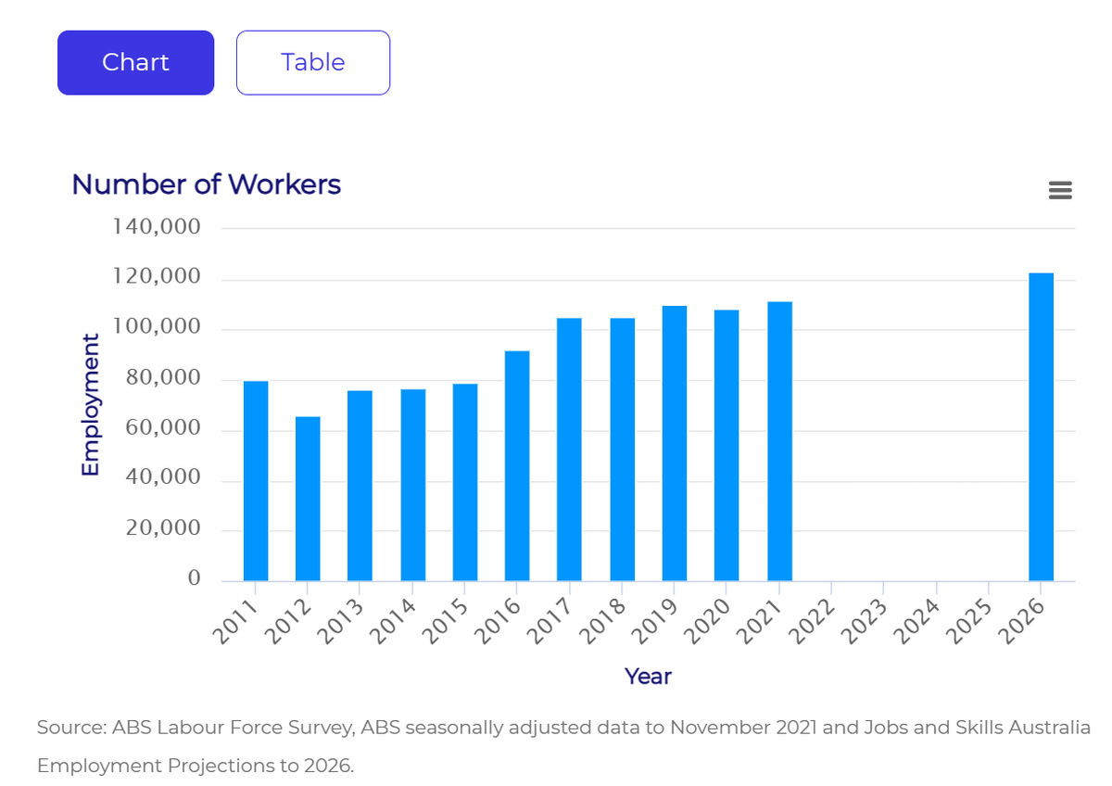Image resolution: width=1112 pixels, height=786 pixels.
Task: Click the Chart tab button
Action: click(x=135, y=62)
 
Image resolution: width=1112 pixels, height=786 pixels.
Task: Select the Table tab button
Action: click(x=313, y=62)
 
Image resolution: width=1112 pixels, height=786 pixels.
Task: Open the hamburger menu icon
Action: click(x=1060, y=191)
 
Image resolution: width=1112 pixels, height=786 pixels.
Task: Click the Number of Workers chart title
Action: click(x=206, y=184)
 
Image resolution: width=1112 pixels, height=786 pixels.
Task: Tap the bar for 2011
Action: click(x=256, y=481)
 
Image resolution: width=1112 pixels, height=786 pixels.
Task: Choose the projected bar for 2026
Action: click(x=1041, y=426)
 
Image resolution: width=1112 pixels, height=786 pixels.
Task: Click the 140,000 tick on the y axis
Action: click(x=157, y=227)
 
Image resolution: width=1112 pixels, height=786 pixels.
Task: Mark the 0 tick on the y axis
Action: click(x=194, y=579)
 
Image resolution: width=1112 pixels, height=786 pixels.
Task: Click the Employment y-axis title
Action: click(x=90, y=405)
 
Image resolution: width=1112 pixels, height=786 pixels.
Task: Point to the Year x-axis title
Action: click(x=648, y=677)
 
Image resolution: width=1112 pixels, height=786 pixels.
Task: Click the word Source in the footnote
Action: click(x=70, y=728)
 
